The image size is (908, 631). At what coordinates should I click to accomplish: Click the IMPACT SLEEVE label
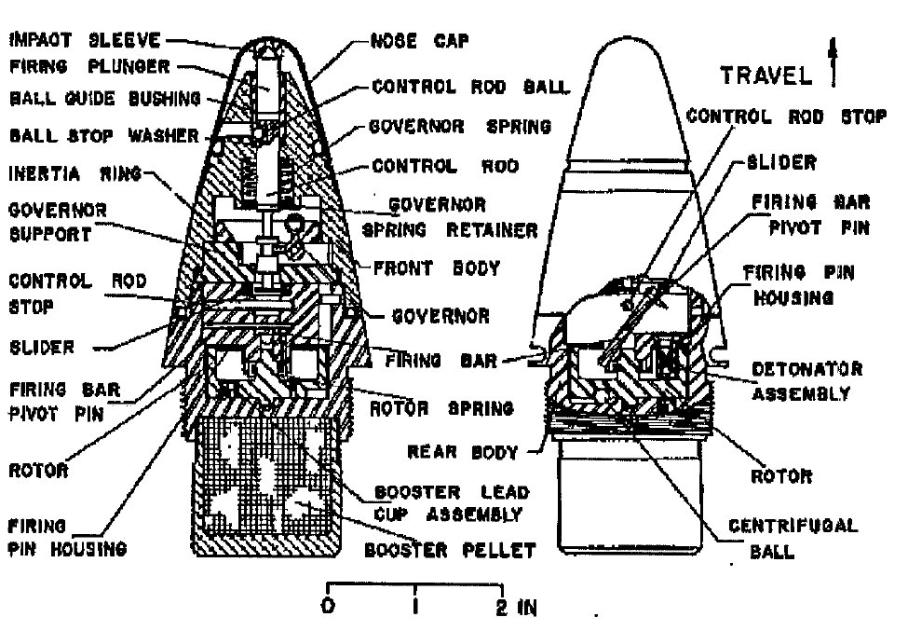point(85,40)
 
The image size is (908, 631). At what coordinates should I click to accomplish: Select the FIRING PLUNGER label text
point(89,66)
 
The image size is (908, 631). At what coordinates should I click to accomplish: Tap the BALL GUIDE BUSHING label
point(105,98)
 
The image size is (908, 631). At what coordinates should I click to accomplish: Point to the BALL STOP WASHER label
point(104,135)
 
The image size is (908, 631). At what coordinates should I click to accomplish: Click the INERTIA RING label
point(75,174)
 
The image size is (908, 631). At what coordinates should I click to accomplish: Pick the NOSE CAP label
point(419,41)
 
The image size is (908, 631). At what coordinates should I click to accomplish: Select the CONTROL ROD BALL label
point(470,87)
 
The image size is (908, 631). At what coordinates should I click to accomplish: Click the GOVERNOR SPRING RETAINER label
point(450,217)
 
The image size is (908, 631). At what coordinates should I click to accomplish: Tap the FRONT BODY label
point(437,268)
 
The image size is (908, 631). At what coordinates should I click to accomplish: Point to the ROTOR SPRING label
point(441,408)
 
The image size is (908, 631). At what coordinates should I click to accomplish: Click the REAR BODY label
point(462,452)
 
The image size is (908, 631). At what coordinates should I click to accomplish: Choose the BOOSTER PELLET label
point(450,550)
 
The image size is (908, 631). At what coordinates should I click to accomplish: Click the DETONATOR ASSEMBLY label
point(806,381)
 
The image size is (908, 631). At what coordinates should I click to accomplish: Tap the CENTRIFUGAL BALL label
point(793,539)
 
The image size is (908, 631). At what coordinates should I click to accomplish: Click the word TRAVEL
point(766,75)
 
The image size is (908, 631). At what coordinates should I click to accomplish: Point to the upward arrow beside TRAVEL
point(833,62)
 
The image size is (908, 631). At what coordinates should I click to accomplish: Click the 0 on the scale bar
point(328,606)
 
